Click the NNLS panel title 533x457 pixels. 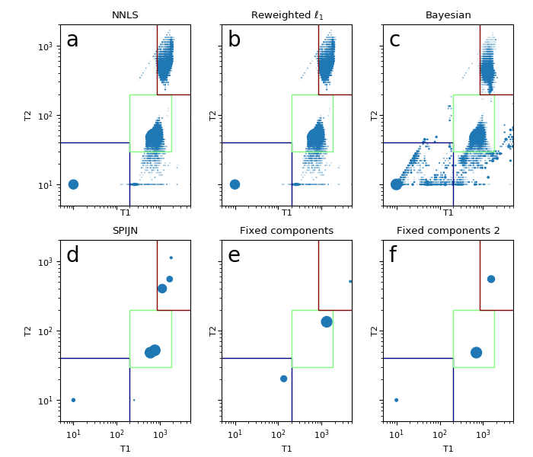coord(125,15)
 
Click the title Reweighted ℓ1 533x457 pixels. coord(287,15)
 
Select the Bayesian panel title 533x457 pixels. coord(448,15)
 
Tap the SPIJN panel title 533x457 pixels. coord(125,231)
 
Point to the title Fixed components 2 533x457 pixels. coord(448,231)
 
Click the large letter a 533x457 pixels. coord(72,40)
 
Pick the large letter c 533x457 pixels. coord(394,40)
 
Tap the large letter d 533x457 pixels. coord(72,256)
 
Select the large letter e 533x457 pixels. coord(234,256)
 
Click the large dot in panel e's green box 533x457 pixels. coord(327,321)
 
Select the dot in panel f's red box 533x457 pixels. coord(491,279)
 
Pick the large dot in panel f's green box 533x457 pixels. coord(476,353)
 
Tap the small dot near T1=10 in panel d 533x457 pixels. coord(73,400)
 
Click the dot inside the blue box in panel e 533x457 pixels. coord(284,379)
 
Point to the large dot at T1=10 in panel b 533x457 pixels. coord(235,184)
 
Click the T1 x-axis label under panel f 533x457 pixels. coord(448,449)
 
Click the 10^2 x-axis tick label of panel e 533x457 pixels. coord(278,436)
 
